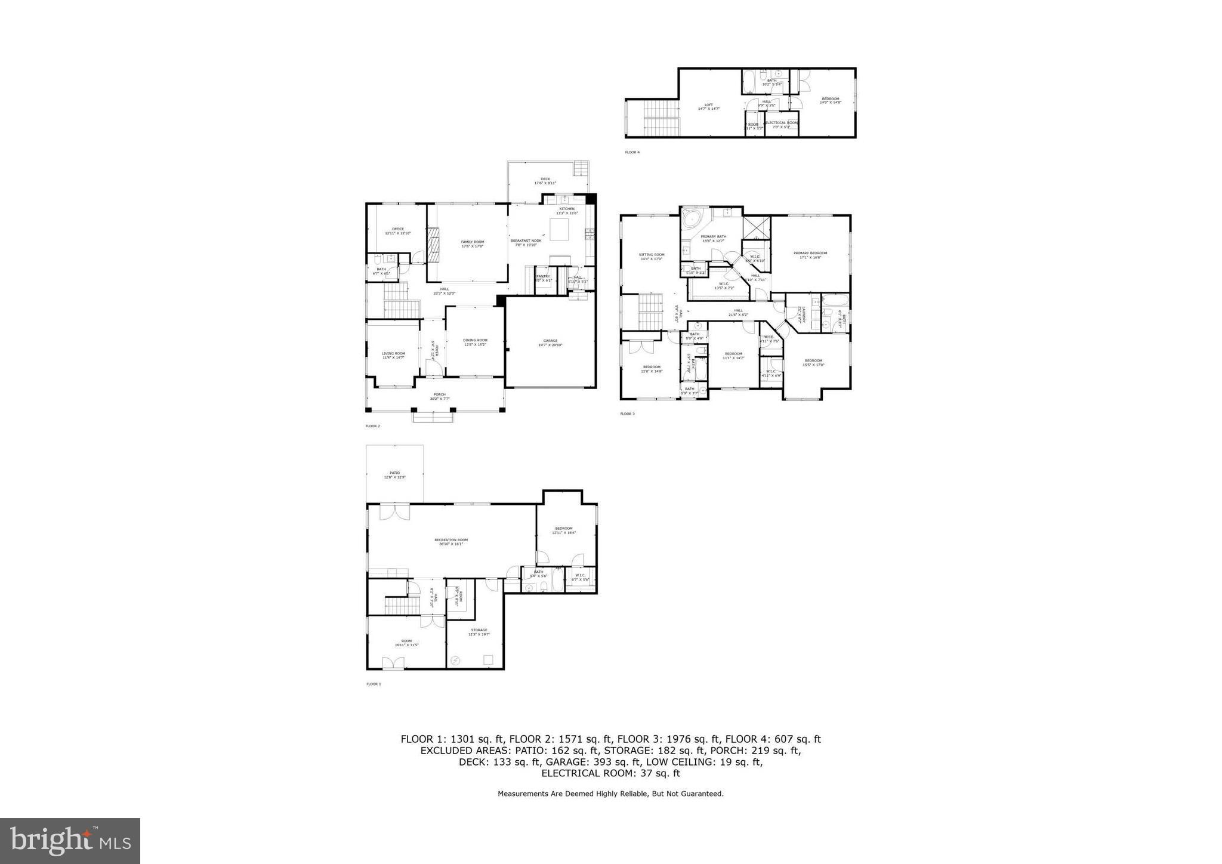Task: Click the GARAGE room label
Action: tap(550, 341)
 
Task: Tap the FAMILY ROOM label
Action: tap(473, 242)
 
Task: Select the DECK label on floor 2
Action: tap(545, 179)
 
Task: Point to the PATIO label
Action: tap(394, 473)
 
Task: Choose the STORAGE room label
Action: tap(479, 630)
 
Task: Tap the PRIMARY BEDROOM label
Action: tap(810, 254)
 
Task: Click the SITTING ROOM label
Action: tap(652, 255)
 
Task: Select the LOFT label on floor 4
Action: tap(709, 106)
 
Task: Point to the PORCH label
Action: tap(440, 394)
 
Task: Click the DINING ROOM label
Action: tap(475, 341)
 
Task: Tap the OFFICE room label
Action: tap(398, 229)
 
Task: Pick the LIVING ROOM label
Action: tap(393, 354)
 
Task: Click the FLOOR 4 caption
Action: tap(632, 152)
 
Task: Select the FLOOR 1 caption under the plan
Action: tap(373, 684)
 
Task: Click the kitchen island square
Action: tap(559, 230)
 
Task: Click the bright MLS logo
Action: tap(70, 841)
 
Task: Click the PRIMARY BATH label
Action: tap(713, 237)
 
